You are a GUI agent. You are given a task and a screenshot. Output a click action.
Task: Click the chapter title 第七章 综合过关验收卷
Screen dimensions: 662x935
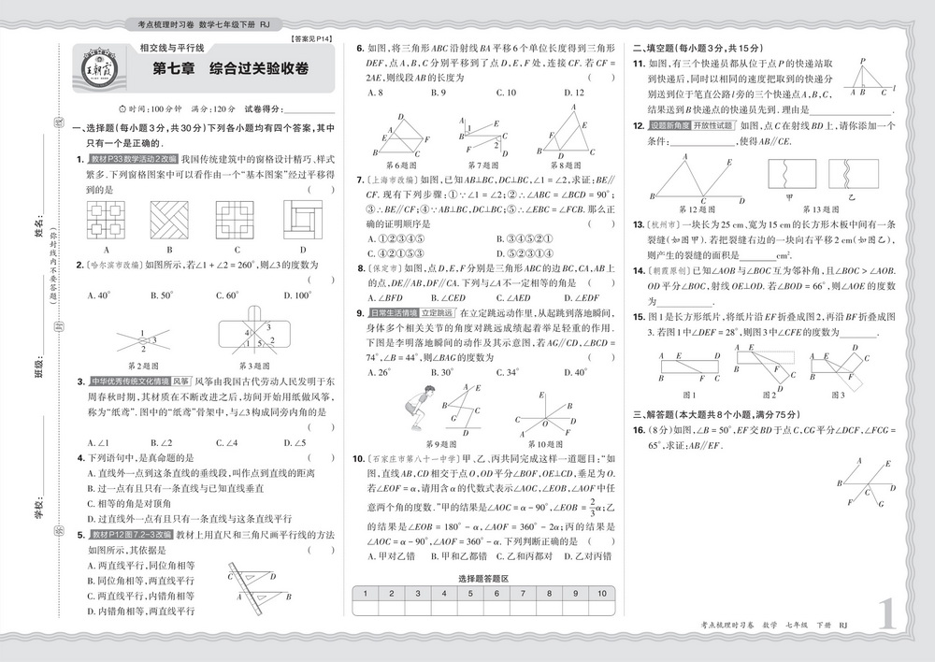pyautogui.click(x=230, y=69)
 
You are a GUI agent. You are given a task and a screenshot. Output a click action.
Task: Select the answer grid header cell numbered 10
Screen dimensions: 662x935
pyautogui.click(x=603, y=594)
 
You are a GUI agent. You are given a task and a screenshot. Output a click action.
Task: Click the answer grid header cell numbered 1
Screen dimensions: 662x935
pyautogui.click(x=365, y=594)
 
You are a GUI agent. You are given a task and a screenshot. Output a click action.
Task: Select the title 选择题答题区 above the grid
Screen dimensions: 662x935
pyautogui.click(x=484, y=580)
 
